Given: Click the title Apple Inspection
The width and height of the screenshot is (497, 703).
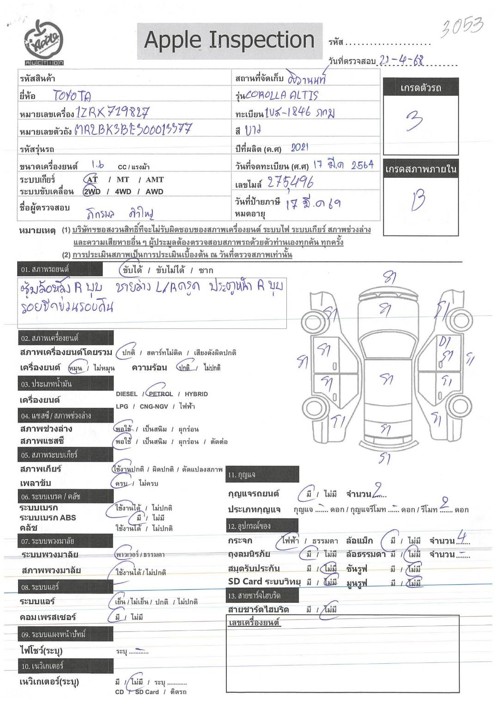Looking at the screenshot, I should (x=229, y=40).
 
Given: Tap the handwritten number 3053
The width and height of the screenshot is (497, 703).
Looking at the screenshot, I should (x=461, y=28).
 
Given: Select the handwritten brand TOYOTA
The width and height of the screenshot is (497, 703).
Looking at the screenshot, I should (x=72, y=96).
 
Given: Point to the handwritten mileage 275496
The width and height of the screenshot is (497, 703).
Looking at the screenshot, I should (x=290, y=183).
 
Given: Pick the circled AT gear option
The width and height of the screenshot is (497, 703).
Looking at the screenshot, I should (x=92, y=179).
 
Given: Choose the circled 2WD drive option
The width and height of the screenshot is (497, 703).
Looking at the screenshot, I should (x=91, y=191).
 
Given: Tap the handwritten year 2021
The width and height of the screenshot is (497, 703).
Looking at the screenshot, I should (x=299, y=148).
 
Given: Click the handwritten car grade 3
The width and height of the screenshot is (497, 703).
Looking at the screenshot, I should (x=414, y=121).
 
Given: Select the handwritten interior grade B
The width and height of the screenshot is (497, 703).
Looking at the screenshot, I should (x=418, y=200).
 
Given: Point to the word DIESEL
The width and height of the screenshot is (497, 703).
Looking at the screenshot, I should (x=127, y=394).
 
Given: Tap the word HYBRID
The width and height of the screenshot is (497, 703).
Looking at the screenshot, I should (x=196, y=394).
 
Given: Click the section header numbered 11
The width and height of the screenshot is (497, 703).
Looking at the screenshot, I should (x=262, y=474).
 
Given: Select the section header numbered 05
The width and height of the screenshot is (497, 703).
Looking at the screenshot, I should (x=66, y=455).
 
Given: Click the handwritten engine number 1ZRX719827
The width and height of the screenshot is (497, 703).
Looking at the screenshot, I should (x=112, y=112).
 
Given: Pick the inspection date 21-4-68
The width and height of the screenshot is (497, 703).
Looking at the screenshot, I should (x=401, y=61).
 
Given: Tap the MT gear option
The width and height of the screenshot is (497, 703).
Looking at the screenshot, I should (x=123, y=179).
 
